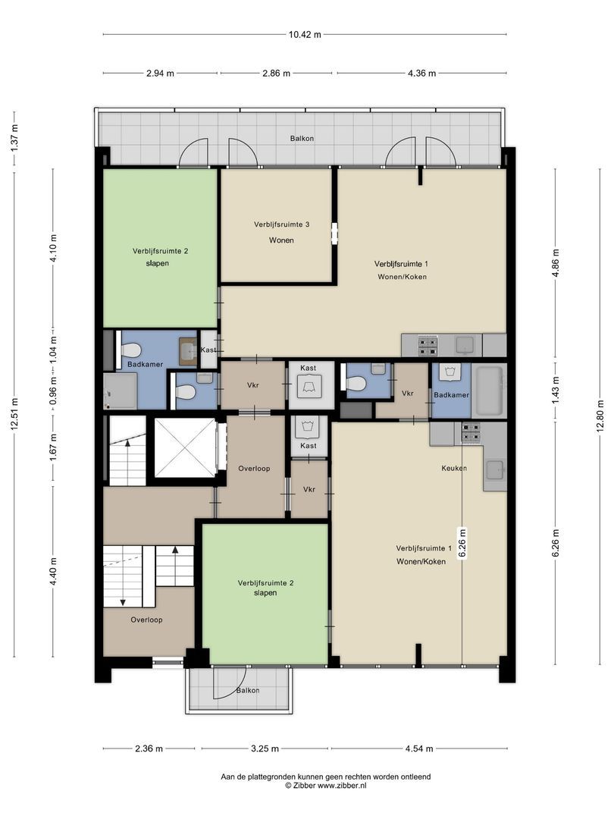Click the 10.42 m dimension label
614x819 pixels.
point(305,34)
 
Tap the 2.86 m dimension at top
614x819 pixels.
point(276,73)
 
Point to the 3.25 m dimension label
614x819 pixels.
point(265,748)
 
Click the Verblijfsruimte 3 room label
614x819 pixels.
point(281,224)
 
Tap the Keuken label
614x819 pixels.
point(454,468)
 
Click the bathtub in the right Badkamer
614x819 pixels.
point(489,392)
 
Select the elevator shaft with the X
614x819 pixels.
point(185,447)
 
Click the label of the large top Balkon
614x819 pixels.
point(302,139)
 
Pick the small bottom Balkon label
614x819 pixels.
point(247,691)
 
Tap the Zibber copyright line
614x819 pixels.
point(325,785)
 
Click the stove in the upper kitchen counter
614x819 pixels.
point(427,345)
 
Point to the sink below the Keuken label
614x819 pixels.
point(494,469)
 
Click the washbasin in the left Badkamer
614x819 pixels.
point(187,350)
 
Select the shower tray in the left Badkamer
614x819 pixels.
point(120,391)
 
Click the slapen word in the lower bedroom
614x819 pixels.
point(265,593)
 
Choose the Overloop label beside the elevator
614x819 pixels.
point(254,469)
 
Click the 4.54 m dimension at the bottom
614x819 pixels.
point(419,748)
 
